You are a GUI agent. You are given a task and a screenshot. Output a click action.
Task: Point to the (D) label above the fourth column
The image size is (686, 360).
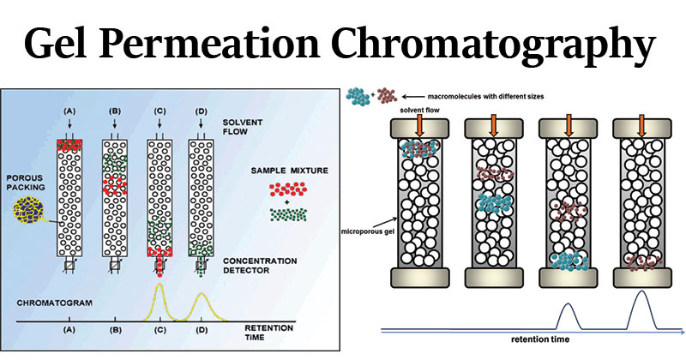coord(200,111)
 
